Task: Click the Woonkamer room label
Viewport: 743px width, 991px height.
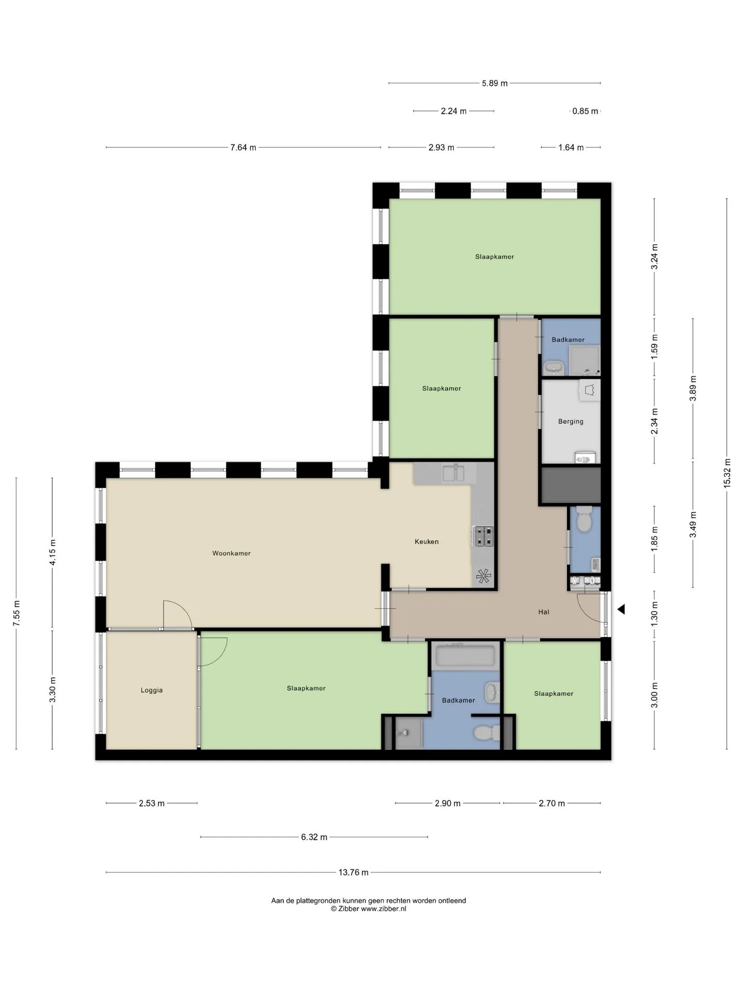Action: (x=231, y=553)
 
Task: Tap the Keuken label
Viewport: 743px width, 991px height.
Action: (x=427, y=541)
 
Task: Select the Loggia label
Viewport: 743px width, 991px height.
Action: (x=152, y=690)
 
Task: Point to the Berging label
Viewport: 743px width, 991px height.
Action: (x=571, y=421)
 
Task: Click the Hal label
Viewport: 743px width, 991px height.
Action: (x=544, y=612)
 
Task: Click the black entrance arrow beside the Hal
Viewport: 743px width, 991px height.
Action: (x=621, y=609)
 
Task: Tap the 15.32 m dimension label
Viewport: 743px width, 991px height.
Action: (x=727, y=473)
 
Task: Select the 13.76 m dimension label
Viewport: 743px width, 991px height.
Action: (x=353, y=872)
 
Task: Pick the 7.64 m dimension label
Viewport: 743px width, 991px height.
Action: (x=243, y=147)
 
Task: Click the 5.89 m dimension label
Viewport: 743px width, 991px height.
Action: (x=495, y=83)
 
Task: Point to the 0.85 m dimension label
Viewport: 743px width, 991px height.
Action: (x=585, y=111)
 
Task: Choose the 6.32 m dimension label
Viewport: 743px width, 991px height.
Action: (x=314, y=837)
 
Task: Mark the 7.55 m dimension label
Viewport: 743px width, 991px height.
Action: (x=17, y=614)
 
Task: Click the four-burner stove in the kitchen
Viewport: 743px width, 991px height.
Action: (x=483, y=536)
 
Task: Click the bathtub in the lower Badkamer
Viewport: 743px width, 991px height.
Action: (x=465, y=656)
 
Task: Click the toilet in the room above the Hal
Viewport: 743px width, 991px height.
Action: (x=584, y=519)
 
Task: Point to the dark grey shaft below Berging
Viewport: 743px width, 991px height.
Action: (x=571, y=485)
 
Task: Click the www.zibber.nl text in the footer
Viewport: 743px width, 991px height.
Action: (x=383, y=908)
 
